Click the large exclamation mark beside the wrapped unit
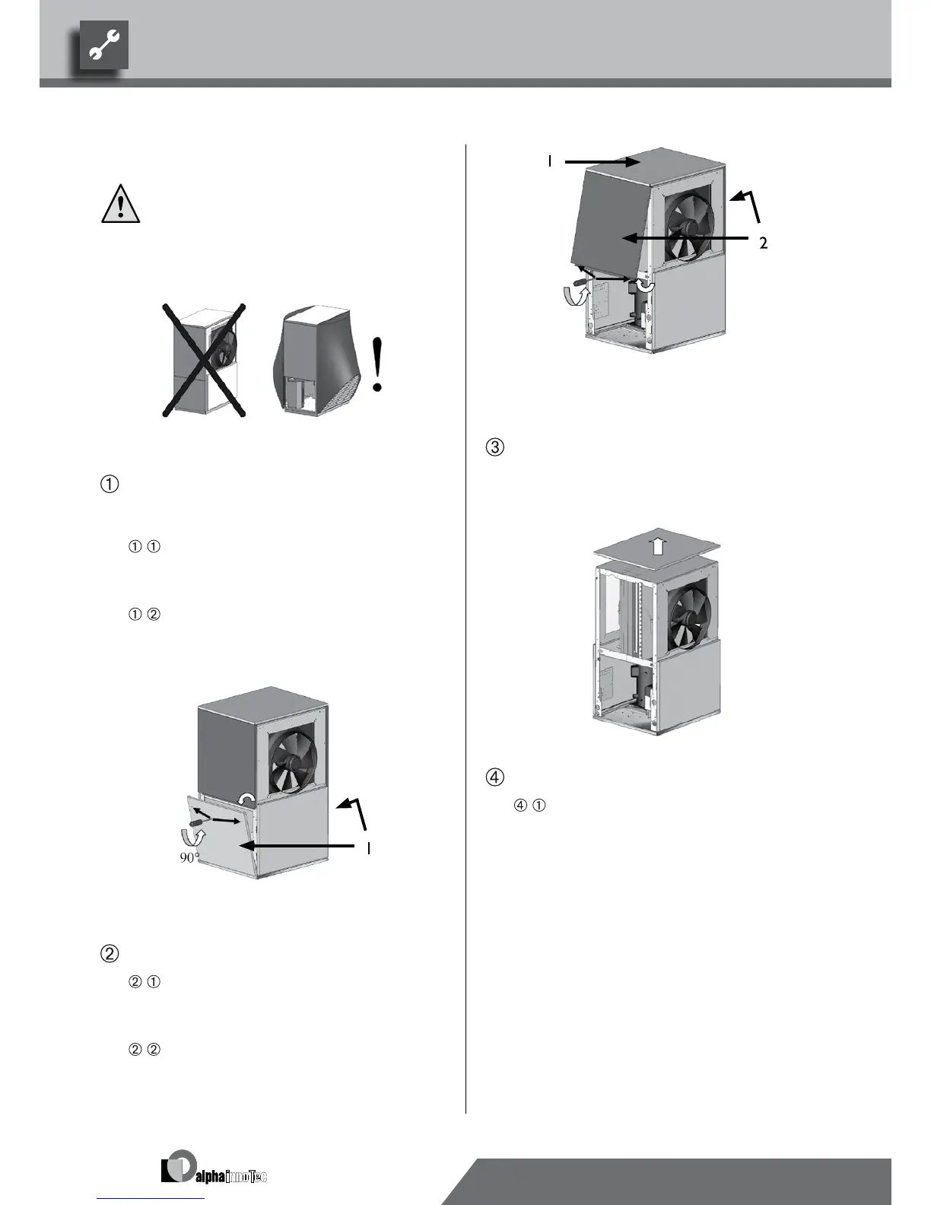(x=377, y=365)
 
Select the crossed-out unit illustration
(x=205, y=361)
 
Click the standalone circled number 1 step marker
(x=109, y=484)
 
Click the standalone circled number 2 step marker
(x=109, y=952)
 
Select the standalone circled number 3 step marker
(x=494, y=447)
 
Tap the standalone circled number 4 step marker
(x=494, y=777)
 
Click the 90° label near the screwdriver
(x=189, y=857)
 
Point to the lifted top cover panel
(x=656, y=549)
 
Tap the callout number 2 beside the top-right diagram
(x=763, y=243)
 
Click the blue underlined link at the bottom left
(x=151, y=1197)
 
